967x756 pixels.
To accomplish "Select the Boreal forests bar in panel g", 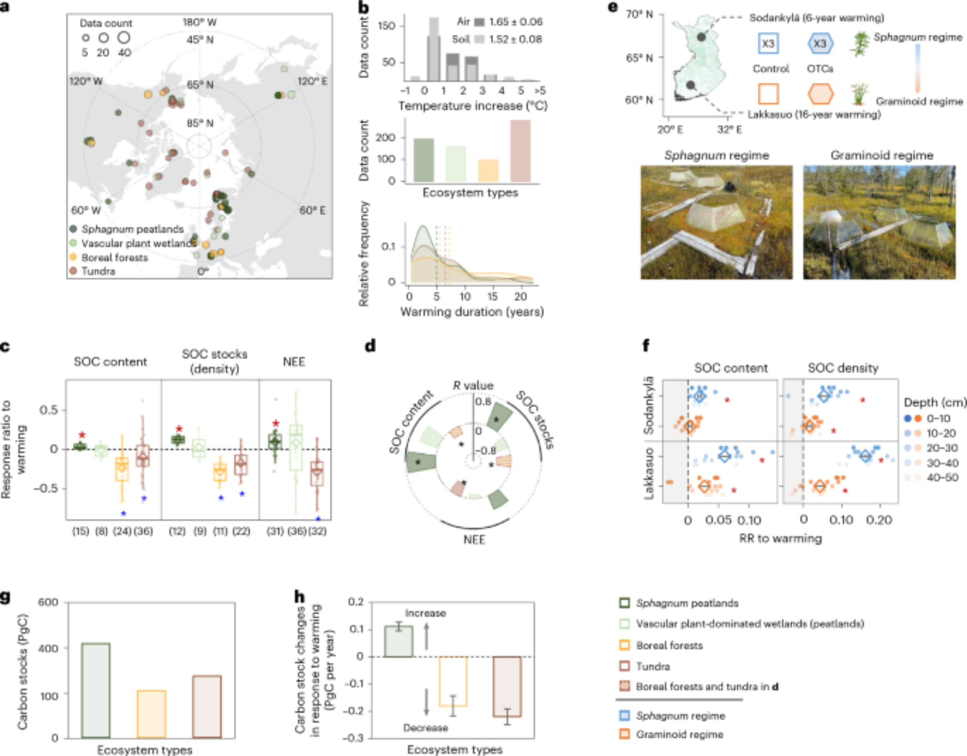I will pos(151,714).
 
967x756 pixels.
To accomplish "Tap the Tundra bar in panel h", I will pos(507,686).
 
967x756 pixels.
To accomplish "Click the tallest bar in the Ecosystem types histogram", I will pos(520,151).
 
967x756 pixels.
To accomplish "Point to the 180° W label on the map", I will pos(200,23).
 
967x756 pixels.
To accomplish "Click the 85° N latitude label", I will pos(200,123).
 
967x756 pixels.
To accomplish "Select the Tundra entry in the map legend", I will pos(98,271).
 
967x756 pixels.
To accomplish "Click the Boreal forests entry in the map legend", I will pos(115,258).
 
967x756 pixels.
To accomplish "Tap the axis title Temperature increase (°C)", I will pos(472,106).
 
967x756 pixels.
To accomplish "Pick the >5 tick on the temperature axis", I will pos(540,90).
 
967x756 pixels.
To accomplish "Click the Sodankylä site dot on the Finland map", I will pos(701,37).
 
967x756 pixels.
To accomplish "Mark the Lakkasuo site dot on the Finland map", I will pos(690,85).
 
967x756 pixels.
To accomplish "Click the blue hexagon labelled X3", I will pos(820,44).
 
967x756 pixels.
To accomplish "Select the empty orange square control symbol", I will pos(768,94).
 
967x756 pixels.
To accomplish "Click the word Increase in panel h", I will pos(425,613).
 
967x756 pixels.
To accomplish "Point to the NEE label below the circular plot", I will pos(474,539).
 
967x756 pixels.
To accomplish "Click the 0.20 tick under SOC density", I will pos(879,520).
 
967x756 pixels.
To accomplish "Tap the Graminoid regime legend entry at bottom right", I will pos(679,734).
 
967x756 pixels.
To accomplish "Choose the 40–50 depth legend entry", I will pos(942,478).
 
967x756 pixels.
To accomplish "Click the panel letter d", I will pos(370,346).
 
